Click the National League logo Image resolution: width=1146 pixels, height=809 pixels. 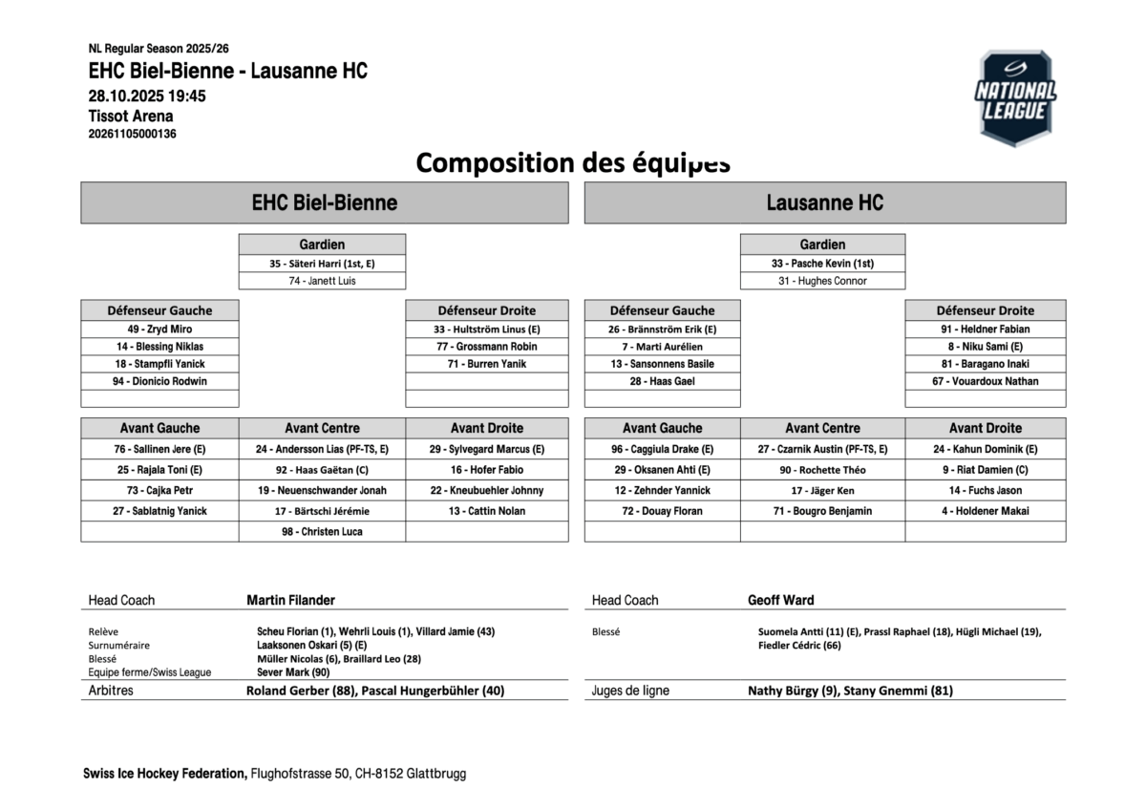1015,97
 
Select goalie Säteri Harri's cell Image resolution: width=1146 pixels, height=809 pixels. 322,264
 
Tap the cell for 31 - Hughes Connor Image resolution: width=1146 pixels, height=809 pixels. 822,281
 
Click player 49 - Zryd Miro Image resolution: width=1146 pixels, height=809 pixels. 159,330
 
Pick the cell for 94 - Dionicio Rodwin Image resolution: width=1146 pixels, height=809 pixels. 159,381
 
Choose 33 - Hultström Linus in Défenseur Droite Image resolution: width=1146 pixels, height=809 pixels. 486,330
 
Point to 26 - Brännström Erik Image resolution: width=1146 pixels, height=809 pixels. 662,330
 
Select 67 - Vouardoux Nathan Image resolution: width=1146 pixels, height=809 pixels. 986,381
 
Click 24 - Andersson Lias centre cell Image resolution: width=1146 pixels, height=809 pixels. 322,449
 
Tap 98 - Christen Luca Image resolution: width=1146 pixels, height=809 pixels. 322,532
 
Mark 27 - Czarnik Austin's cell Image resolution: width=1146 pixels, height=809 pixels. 822,449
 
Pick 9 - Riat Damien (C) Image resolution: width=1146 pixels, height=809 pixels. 986,470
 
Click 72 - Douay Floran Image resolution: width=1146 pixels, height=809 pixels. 662,511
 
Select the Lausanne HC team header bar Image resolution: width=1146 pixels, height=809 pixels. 824,202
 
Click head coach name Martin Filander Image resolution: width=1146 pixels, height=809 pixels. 290,600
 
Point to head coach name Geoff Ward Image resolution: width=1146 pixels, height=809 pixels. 780,600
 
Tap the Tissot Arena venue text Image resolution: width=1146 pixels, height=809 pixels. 131,117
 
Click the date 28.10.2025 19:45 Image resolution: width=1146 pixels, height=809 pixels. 147,96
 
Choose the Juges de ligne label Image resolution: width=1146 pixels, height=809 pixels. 630,691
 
